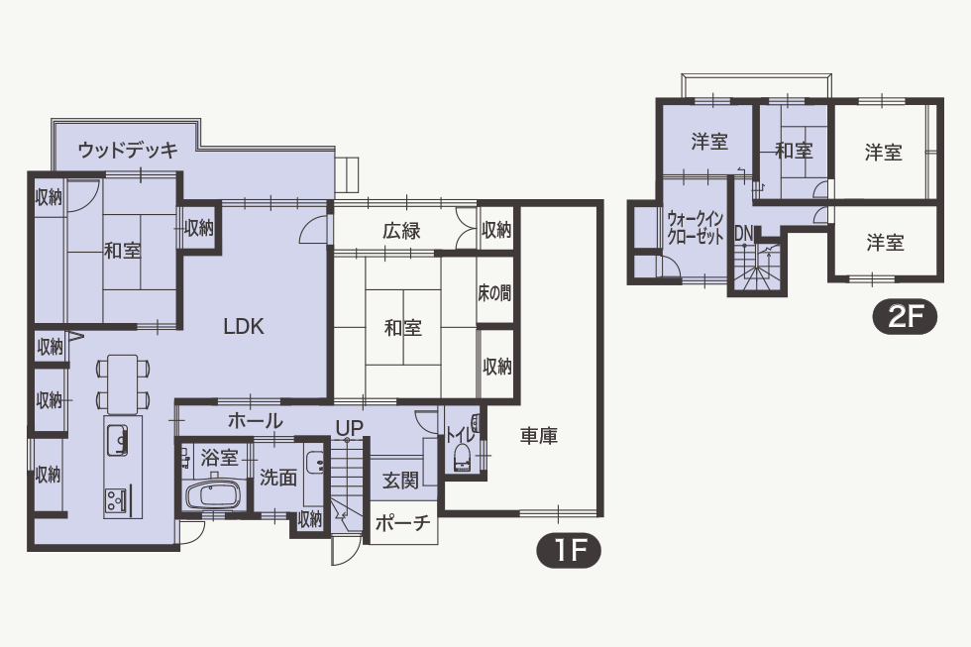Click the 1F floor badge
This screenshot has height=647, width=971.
coord(569,550)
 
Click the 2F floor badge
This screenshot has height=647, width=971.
coord(905,318)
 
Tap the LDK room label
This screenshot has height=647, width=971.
coord(244,326)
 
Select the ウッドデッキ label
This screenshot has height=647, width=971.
coord(128,150)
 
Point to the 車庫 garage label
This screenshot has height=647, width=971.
coord(538,436)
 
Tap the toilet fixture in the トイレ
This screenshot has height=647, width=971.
coord(463,457)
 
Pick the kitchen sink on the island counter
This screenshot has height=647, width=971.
coord(117,439)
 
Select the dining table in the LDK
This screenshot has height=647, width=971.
coord(123,383)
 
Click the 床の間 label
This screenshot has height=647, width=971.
coord(494,292)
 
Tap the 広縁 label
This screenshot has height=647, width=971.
coord(401,231)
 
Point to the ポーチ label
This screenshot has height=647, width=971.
coord(402,523)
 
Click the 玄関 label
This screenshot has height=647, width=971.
coord(400,480)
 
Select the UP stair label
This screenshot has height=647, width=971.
coord(349,428)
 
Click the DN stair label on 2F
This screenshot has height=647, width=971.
coord(744,234)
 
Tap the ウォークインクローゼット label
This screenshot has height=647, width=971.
coord(696,229)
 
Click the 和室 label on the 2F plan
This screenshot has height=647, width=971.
coord(794,150)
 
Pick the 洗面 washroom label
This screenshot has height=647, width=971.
coord(278,478)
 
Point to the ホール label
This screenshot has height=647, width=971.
coord(256,421)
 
